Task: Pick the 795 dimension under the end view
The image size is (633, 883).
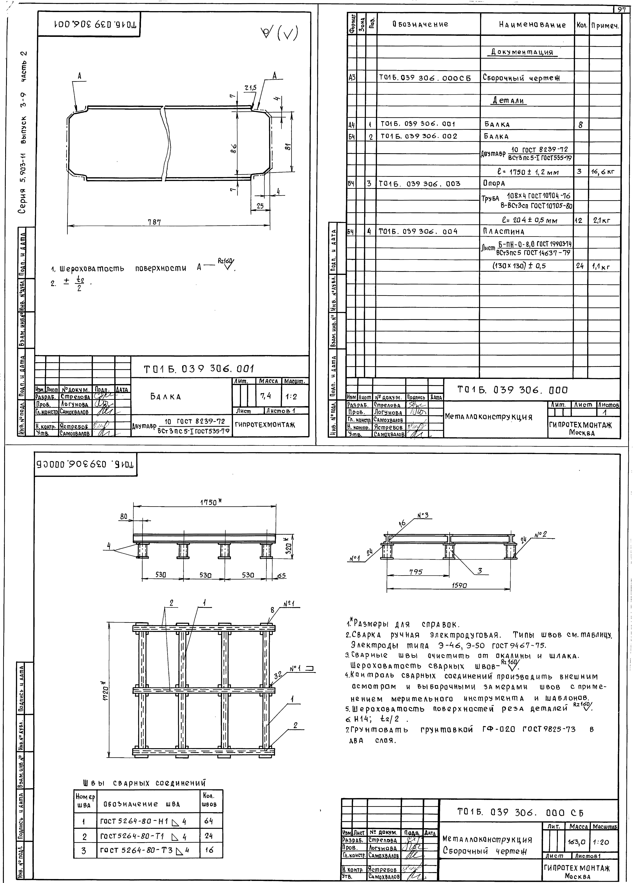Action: point(416,572)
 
